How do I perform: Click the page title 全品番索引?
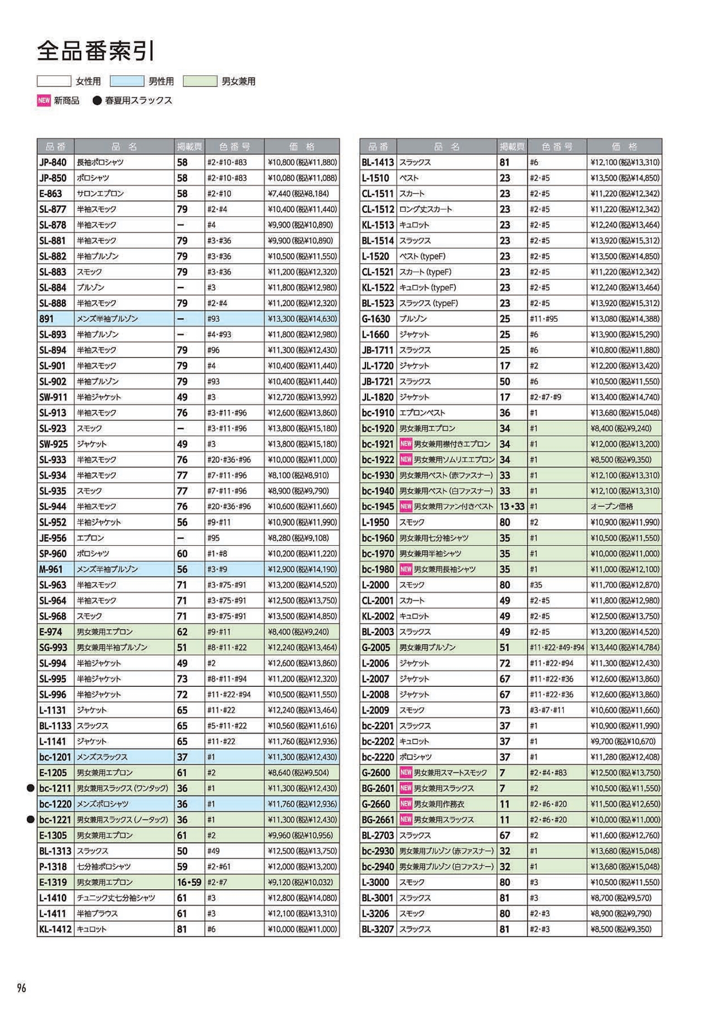(95, 51)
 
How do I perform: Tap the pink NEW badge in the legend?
(44, 100)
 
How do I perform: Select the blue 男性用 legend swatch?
(127, 81)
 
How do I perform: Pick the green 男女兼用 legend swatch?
(200, 81)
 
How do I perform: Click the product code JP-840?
(53, 162)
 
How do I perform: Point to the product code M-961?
(51, 569)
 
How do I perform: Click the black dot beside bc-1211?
(31, 788)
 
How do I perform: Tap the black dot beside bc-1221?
(31, 819)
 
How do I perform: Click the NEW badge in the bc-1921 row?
(406, 444)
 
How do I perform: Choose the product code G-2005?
(376, 647)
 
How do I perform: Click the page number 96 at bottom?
(22, 988)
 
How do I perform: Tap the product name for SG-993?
(112, 647)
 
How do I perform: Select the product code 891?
(46, 319)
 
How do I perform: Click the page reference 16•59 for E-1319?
(189, 882)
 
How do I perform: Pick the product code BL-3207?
(378, 929)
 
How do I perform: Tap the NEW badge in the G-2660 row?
(406, 804)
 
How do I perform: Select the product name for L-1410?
(116, 898)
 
